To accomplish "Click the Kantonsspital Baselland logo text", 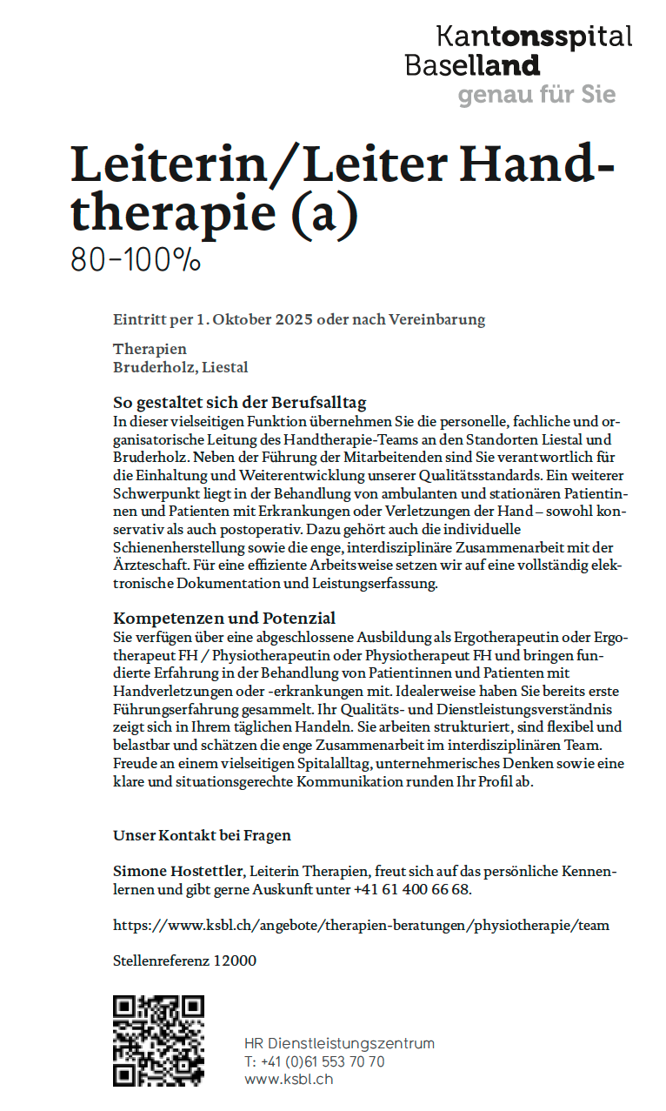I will coord(517,50).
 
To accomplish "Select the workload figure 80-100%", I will coord(136,259).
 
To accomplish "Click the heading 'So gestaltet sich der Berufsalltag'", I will coord(240,403).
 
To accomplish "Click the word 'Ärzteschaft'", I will coord(150,565).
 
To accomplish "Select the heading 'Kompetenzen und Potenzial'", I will coord(224,619).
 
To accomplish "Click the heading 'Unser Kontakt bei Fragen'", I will coord(202,835).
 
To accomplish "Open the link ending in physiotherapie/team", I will coord(361,925).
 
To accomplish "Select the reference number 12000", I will coord(237,961).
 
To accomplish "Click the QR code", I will coord(158,1041).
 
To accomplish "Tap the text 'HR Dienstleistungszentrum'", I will coord(339,1043).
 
